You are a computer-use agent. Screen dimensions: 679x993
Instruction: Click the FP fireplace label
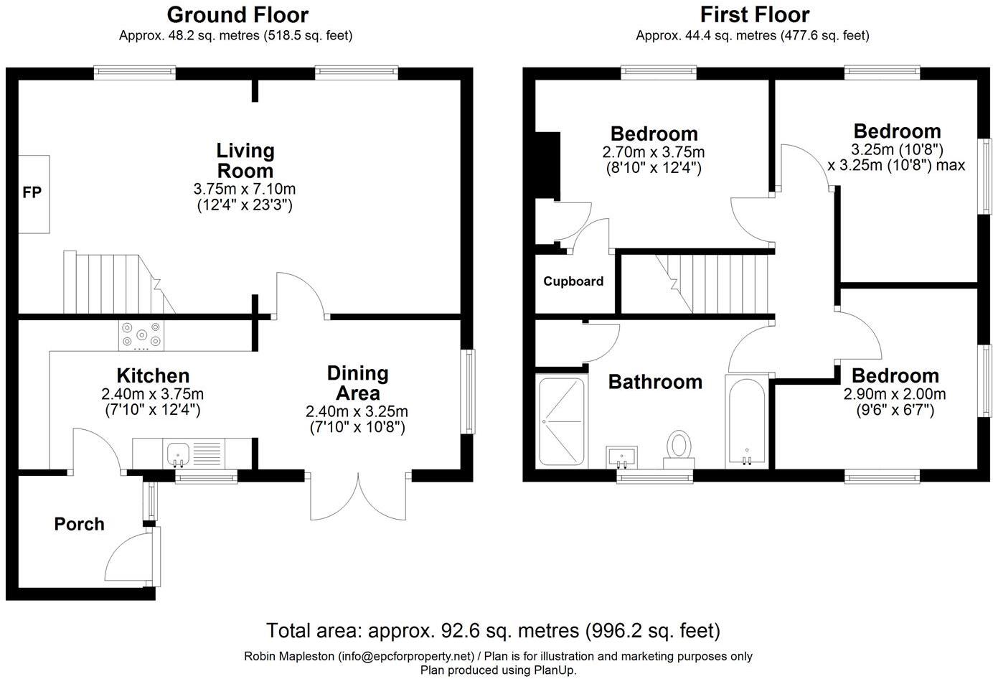pyautogui.click(x=32, y=192)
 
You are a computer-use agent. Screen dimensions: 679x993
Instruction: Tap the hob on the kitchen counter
pyautogui.click(x=141, y=335)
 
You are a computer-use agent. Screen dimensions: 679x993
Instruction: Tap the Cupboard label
pyautogui.click(x=573, y=281)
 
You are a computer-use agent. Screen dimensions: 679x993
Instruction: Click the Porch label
pyautogui.click(x=79, y=524)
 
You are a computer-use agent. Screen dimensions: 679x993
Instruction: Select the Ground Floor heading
pyautogui.click(x=237, y=14)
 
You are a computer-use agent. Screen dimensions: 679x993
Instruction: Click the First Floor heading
pyautogui.click(x=754, y=14)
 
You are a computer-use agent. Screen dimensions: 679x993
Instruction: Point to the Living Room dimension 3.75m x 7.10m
pyautogui.click(x=245, y=189)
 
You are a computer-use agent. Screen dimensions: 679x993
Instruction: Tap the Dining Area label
pyautogui.click(x=357, y=383)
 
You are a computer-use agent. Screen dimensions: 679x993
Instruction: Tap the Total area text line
pyautogui.click(x=493, y=631)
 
